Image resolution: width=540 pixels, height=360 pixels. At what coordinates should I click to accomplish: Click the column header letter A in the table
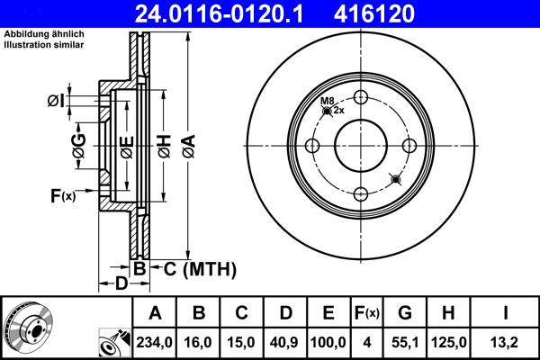click(154, 312)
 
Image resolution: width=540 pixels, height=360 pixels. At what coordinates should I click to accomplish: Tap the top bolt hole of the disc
click(361, 99)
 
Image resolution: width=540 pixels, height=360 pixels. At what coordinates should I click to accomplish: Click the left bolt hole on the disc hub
click(313, 147)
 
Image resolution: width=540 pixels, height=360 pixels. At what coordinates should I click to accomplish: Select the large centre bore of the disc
click(361, 147)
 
